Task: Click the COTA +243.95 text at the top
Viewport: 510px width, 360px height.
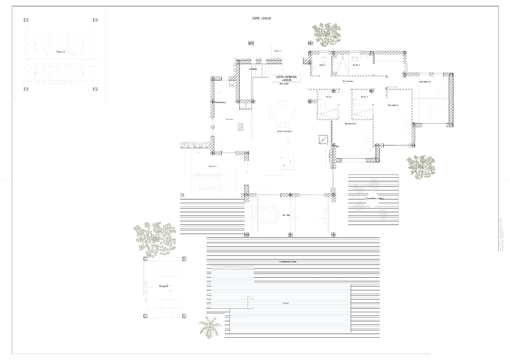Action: [x=262, y=18]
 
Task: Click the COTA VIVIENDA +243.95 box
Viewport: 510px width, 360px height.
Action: [x=286, y=78]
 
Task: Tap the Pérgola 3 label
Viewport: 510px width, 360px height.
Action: [x=61, y=51]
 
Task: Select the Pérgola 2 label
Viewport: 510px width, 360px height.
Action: [x=164, y=286]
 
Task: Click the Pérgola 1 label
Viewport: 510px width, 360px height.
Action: [x=213, y=166]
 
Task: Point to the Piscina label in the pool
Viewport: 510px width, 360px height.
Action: [x=286, y=303]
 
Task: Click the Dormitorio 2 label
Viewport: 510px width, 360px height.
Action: [x=393, y=105]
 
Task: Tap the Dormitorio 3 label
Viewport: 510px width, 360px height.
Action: [x=425, y=82]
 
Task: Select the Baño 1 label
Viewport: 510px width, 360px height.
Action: [x=329, y=97]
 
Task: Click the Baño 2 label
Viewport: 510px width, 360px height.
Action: [x=364, y=97]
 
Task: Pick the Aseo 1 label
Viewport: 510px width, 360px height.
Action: [x=323, y=65]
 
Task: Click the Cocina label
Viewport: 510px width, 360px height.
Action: [x=229, y=119]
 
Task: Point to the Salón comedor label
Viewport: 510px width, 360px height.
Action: [x=284, y=131]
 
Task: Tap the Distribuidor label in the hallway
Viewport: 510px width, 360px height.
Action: [x=348, y=81]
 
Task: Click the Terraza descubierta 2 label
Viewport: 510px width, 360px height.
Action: [x=375, y=198]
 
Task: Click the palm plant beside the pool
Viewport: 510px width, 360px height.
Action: [x=210, y=326]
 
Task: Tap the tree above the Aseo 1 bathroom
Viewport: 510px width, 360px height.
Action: [x=326, y=34]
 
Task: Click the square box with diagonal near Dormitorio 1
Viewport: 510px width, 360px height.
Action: [x=323, y=140]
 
